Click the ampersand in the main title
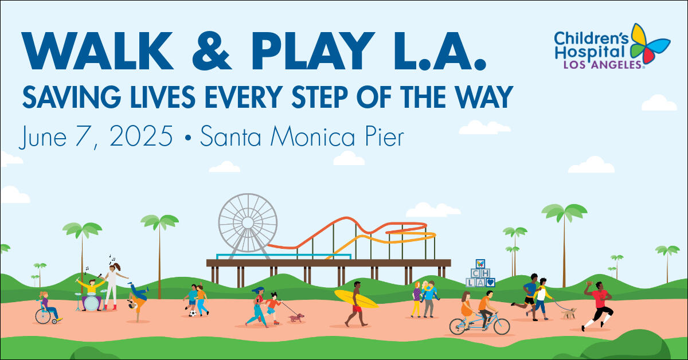(212, 50)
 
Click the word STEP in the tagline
(319, 97)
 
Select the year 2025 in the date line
(141, 136)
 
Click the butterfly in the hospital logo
(648, 43)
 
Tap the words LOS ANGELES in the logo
(603, 65)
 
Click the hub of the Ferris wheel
(248, 222)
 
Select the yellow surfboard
(355, 299)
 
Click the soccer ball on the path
(193, 313)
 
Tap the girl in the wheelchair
(48, 308)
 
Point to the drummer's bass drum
(92, 303)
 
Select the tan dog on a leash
(568, 313)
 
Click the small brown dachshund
(296, 318)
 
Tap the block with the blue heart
(490, 282)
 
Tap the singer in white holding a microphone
(113, 286)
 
